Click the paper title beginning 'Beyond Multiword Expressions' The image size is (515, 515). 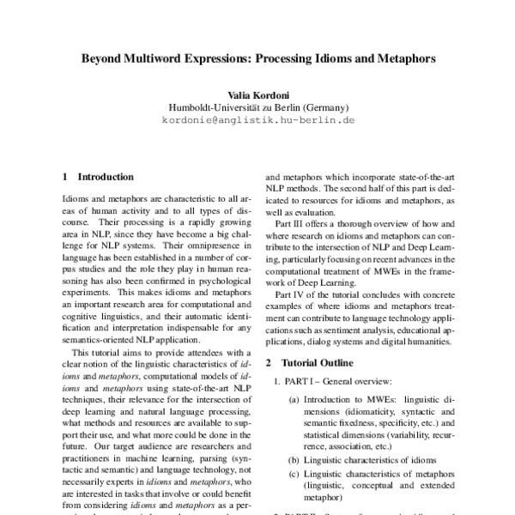[x=257, y=61]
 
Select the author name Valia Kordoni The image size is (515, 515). [x=257, y=95]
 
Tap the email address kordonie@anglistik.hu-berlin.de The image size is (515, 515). [x=257, y=121]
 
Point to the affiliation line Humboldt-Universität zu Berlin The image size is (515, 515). [x=257, y=108]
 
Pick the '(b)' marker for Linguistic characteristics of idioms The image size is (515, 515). [x=294, y=460]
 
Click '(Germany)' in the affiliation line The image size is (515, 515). [x=327, y=108]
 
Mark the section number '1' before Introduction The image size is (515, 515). [x=65, y=177]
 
